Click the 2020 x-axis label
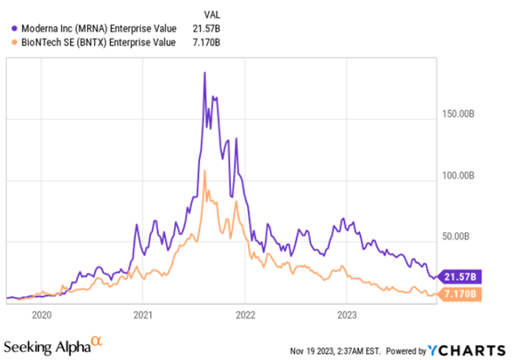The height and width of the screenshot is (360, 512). [x=42, y=314]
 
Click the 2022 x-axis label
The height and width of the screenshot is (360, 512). [x=246, y=314]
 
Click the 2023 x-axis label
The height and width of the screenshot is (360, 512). [x=347, y=314]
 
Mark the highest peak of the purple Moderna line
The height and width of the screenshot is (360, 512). [x=204, y=73]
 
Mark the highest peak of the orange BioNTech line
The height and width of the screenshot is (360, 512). [x=204, y=171]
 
